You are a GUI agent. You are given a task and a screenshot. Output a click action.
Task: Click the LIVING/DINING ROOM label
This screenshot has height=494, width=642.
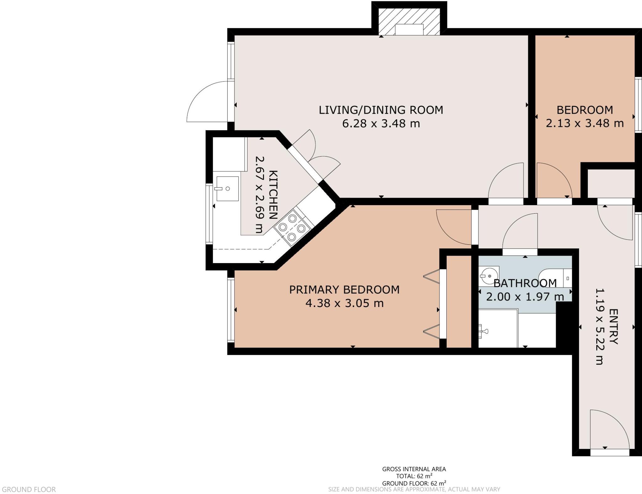(x=381, y=110)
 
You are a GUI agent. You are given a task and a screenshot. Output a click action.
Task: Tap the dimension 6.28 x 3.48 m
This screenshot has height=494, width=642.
(x=381, y=124)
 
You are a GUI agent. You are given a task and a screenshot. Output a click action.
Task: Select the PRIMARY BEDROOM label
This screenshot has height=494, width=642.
(x=344, y=290)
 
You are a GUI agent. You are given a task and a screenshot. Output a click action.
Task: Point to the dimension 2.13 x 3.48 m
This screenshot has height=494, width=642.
(x=585, y=123)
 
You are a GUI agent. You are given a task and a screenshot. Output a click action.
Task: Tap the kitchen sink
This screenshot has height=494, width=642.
(x=227, y=189)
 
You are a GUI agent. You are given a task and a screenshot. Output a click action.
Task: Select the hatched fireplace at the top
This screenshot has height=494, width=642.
(x=409, y=21)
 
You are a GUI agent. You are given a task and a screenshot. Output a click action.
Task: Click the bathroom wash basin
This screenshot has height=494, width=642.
(x=488, y=276)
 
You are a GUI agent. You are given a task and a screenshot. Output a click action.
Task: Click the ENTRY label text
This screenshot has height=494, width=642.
(x=613, y=326)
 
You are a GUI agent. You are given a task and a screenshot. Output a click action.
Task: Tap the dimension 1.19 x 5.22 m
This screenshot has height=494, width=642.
(x=599, y=326)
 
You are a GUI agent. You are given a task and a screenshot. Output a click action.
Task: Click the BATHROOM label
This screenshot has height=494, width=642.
(x=525, y=283)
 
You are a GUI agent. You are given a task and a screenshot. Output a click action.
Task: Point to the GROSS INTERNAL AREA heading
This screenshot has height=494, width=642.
(x=414, y=469)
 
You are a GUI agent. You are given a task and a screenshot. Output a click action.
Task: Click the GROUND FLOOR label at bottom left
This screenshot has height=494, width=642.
(x=29, y=489)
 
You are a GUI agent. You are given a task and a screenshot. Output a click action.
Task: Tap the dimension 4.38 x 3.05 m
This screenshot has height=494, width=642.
(x=344, y=303)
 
